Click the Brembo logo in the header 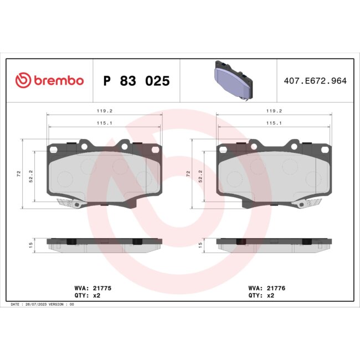[49, 81]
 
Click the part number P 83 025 [137, 81]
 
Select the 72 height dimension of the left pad [19, 173]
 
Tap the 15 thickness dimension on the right [199, 243]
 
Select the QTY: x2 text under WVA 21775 [87, 296]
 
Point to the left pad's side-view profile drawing [105, 244]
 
